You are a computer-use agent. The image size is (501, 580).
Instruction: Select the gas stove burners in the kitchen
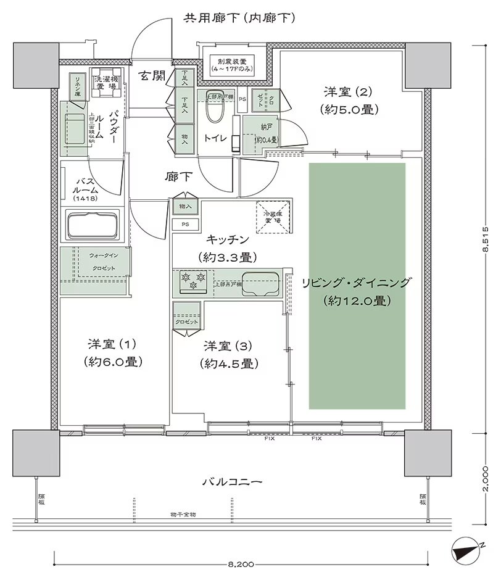pyautogui.click(x=192, y=282)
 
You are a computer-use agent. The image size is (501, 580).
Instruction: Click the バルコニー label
pyautogui.click(x=233, y=482)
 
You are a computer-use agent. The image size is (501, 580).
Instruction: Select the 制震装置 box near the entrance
pyautogui.click(x=231, y=65)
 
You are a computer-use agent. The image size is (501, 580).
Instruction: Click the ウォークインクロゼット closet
pyautogui.click(x=95, y=261)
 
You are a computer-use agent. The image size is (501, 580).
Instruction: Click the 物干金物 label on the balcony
pyautogui.click(x=183, y=513)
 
